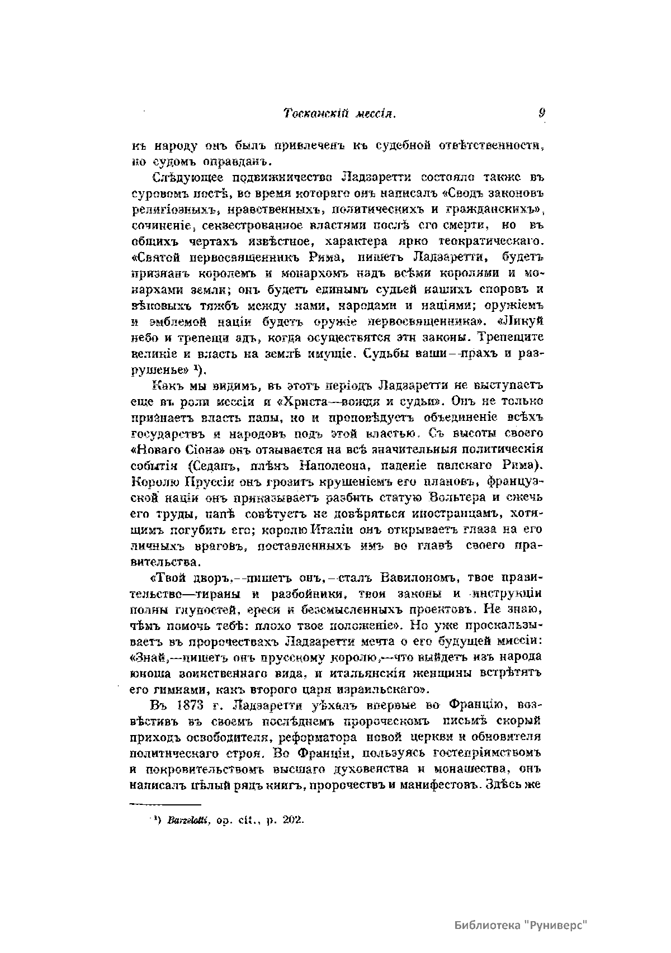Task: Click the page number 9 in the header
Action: [541, 113]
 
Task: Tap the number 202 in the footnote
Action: [291, 821]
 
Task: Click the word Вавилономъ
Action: [420, 576]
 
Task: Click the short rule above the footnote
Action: [165, 804]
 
